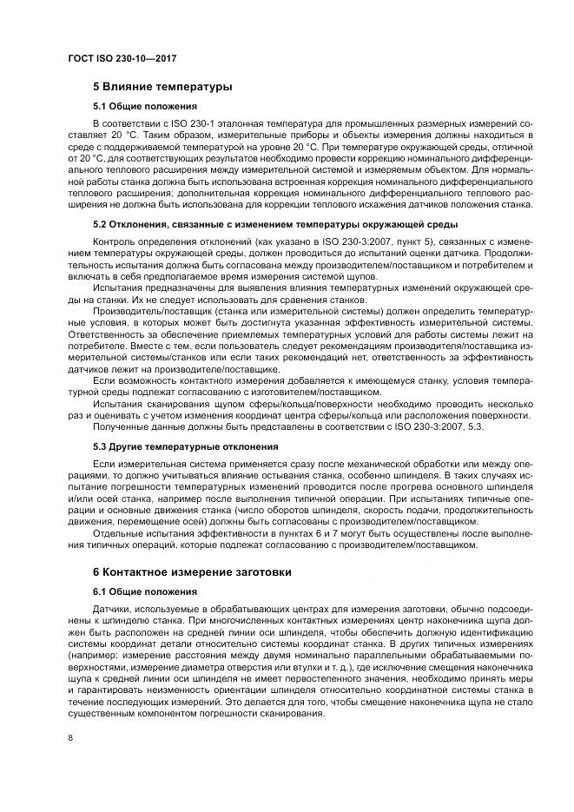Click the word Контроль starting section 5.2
pos(114,241)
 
